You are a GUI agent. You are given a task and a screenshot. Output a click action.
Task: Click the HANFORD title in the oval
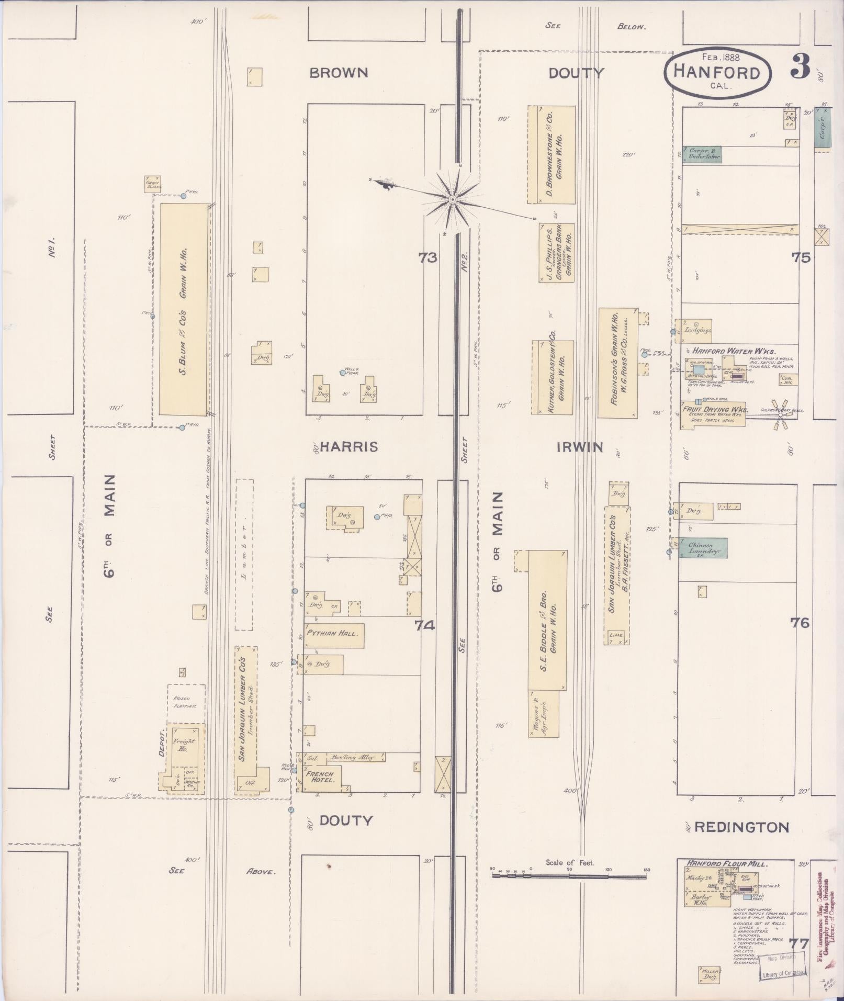[716, 72]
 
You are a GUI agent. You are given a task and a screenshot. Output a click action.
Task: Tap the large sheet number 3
[800, 66]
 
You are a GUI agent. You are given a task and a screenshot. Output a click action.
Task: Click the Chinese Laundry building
[704, 548]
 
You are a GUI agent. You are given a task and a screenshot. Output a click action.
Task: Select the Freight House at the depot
[183, 745]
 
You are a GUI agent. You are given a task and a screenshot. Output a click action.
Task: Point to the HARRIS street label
[348, 446]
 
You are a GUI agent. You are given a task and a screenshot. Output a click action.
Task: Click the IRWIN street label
[580, 447]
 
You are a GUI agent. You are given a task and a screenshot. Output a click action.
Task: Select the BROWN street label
[339, 72]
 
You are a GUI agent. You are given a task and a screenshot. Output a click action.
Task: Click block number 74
[425, 624]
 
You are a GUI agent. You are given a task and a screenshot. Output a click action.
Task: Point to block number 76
[800, 623]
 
